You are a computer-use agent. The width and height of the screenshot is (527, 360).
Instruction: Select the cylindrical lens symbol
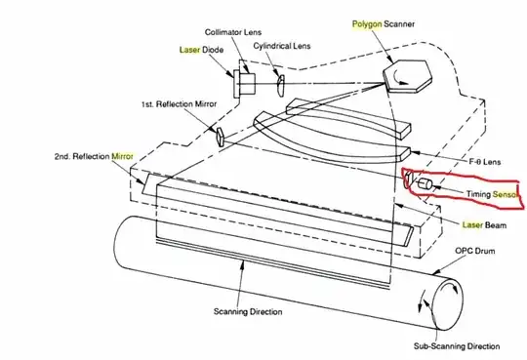tap(279, 82)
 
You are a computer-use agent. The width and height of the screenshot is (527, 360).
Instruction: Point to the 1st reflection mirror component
tap(221, 134)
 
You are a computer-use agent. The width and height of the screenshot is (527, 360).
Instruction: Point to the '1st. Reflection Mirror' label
tap(173, 103)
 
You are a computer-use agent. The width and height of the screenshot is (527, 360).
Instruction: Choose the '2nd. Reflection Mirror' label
tap(94, 155)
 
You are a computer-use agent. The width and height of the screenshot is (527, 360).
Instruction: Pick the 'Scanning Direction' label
tap(247, 312)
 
